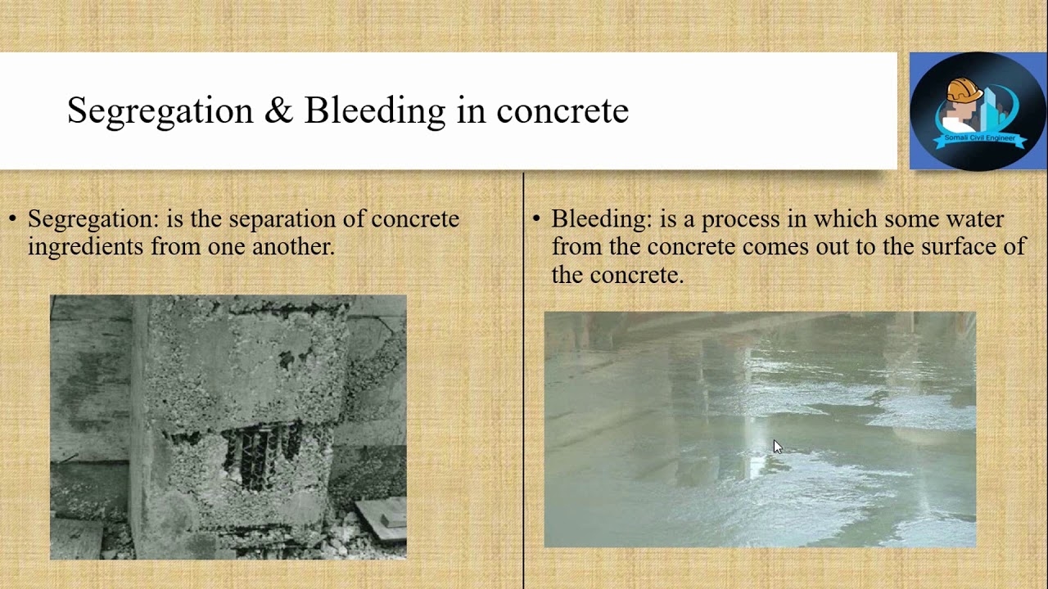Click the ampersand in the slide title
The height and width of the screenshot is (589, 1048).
pos(279,110)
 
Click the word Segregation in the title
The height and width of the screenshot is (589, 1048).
pos(160,112)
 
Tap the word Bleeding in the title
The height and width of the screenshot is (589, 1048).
pos(375,112)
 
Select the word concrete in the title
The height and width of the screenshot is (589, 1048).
pos(562,112)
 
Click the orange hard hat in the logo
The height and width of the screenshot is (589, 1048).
pos(964,90)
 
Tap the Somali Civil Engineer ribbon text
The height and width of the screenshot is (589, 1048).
pos(980,138)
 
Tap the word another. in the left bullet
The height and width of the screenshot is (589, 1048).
pos(294,247)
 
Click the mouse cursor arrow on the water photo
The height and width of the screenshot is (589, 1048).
pos(778,447)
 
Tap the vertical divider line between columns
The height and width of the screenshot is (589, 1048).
pos(523,380)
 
